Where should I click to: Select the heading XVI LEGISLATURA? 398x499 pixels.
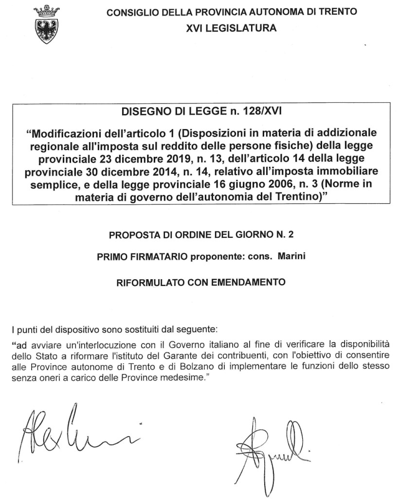(x=231, y=28)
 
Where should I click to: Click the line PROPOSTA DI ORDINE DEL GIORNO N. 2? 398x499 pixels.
(x=201, y=234)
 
